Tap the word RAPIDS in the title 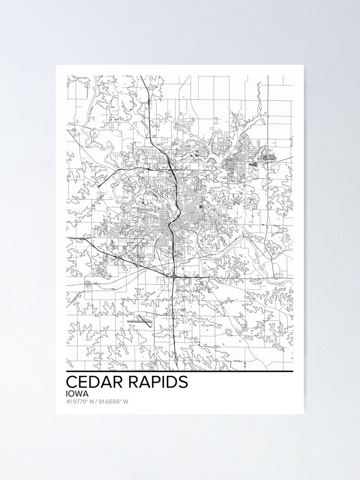click(157, 382)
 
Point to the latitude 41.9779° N click(81, 401)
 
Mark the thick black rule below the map click(180, 372)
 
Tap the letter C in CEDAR click(71, 382)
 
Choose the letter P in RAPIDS click(152, 382)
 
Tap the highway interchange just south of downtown click(172, 276)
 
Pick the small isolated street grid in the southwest click(89, 284)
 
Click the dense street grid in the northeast click(235, 166)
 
